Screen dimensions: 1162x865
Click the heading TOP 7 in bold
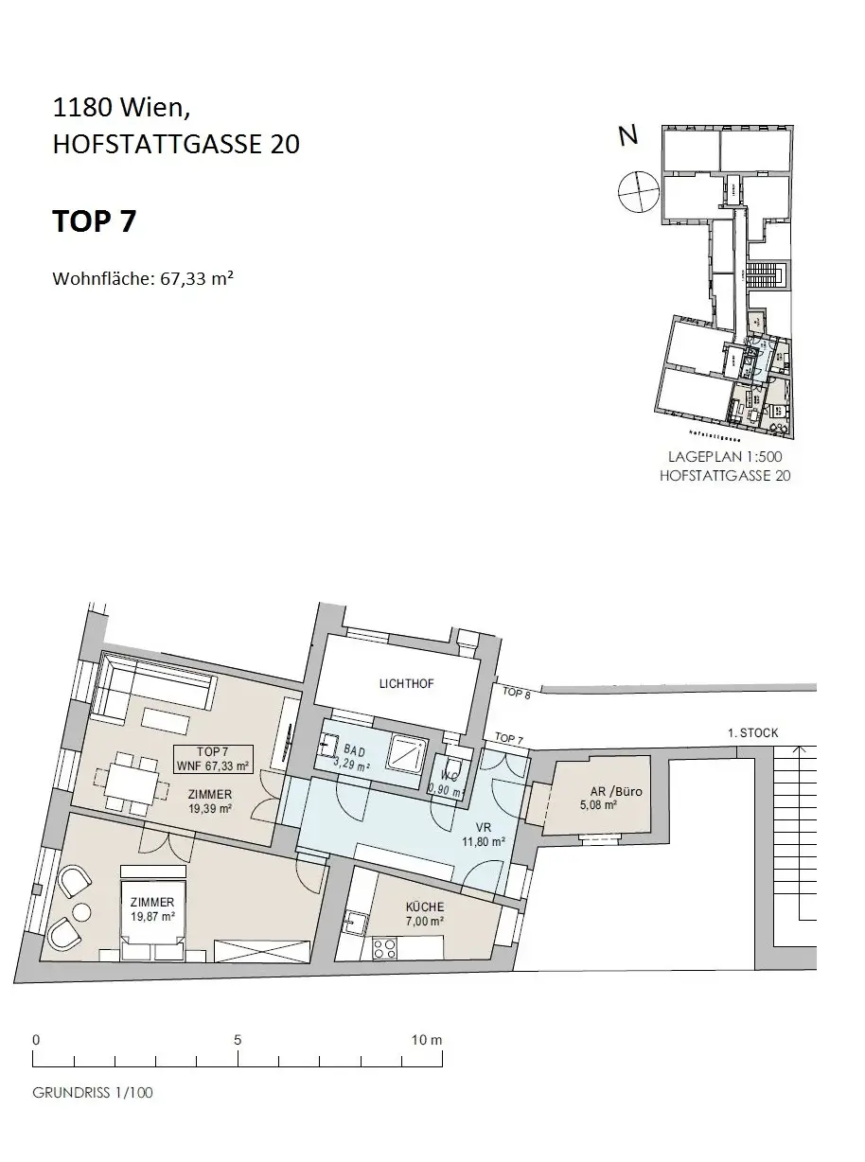click(94, 221)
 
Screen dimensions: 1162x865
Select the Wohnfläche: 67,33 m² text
click(143, 279)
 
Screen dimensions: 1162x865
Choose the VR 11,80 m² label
click(484, 833)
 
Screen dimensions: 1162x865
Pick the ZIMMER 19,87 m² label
click(154, 908)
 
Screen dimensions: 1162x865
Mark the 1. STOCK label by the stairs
click(753, 733)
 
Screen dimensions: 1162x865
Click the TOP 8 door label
click(516, 692)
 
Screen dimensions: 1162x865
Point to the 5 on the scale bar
click(238, 1039)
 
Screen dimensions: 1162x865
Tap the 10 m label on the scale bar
click(428, 1039)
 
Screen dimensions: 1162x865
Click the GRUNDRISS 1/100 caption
click(93, 1092)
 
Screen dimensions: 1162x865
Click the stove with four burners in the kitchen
click(385, 948)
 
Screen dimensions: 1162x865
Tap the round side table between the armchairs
click(81, 911)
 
